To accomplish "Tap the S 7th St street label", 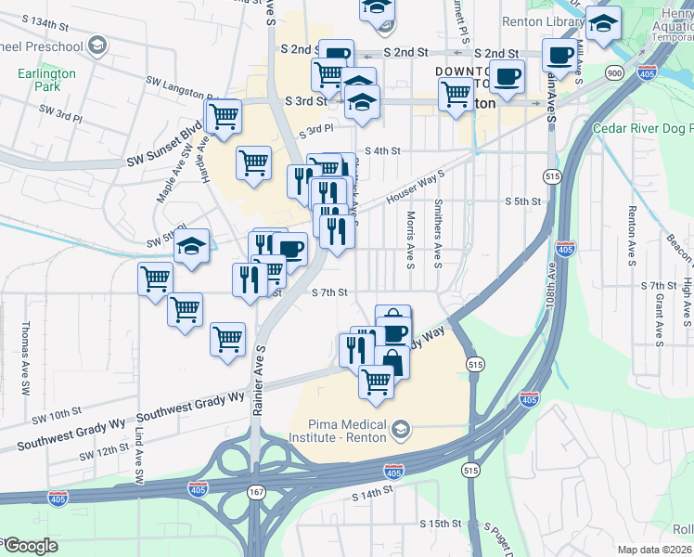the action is (x=329, y=291).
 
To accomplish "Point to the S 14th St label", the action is (x=373, y=497).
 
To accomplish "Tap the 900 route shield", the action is (x=613, y=72).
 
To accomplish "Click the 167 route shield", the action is (x=255, y=491).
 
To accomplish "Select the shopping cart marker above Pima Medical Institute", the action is (x=376, y=381).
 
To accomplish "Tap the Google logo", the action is (x=30, y=546).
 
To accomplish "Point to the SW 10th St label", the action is (x=60, y=411).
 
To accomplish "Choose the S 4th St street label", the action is (x=382, y=150).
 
